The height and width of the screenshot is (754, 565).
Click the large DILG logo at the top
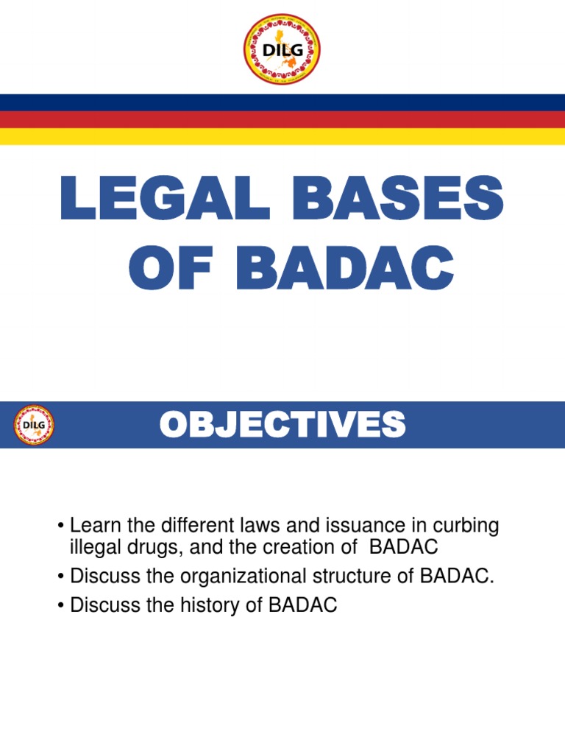pyautogui.click(x=282, y=49)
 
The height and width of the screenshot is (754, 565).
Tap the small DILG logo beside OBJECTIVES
pyautogui.click(x=33, y=425)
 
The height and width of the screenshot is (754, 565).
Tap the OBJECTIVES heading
pyautogui.click(x=282, y=425)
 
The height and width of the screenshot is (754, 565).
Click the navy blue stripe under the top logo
pyautogui.click(x=282, y=102)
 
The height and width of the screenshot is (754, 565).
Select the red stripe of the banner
pyautogui.click(x=282, y=119)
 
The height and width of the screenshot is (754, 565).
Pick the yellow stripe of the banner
pyautogui.click(x=282, y=136)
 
